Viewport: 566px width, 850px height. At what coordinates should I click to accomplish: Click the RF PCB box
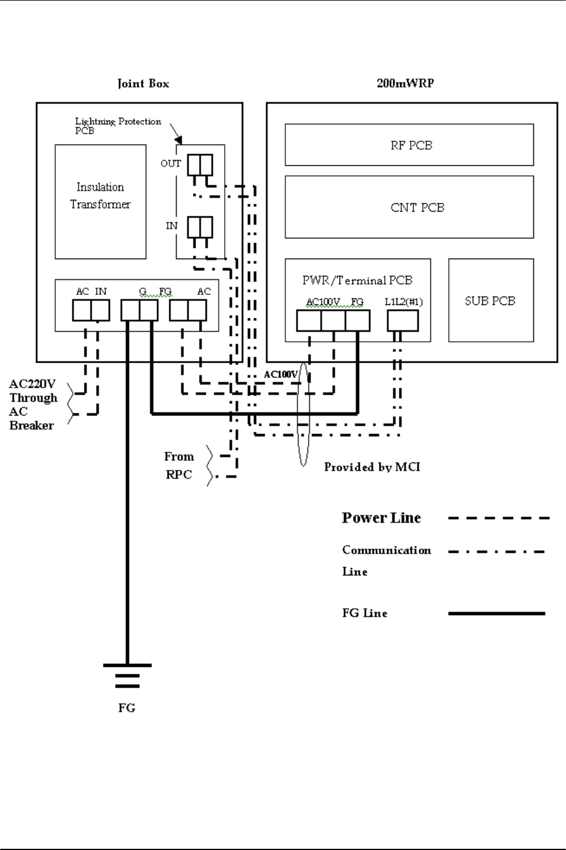pyautogui.click(x=409, y=145)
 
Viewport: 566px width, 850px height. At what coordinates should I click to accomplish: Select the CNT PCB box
pyautogui.click(x=409, y=207)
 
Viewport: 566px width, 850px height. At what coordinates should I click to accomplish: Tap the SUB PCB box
pyautogui.click(x=490, y=300)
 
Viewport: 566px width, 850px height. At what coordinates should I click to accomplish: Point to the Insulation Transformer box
pyautogui.click(x=100, y=202)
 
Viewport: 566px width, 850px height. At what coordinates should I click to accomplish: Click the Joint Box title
pyautogui.click(x=143, y=83)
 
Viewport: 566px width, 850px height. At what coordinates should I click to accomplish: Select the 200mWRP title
pyautogui.click(x=405, y=83)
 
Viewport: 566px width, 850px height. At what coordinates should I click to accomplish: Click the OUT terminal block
pyautogui.click(x=200, y=165)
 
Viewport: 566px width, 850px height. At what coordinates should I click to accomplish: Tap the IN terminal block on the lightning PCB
pyautogui.click(x=200, y=227)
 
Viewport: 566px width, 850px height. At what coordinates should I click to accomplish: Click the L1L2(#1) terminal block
pyautogui.click(x=403, y=321)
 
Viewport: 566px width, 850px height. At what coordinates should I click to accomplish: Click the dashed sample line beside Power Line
pyautogui.click(x=498, y=518)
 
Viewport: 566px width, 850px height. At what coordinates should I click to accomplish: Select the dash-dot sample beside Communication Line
pyautogui.click(x=496, y=552)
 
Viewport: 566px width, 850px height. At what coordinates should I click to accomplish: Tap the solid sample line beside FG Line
pyautogui.click(x=496, y=613)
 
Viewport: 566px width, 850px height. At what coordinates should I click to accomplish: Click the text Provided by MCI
pyautogui.click(x=372, y=467)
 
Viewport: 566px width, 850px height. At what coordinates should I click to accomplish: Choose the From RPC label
pyautogui.click(x=179, y=465)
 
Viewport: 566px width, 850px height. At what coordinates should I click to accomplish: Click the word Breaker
pyautogui.click(x=32, y=426)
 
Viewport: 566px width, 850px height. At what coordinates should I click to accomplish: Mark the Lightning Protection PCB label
pyautogui.click(x=118, y=125)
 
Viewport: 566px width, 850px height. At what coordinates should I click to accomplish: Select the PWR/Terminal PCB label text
pyautogui.click(x=357, y=280)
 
